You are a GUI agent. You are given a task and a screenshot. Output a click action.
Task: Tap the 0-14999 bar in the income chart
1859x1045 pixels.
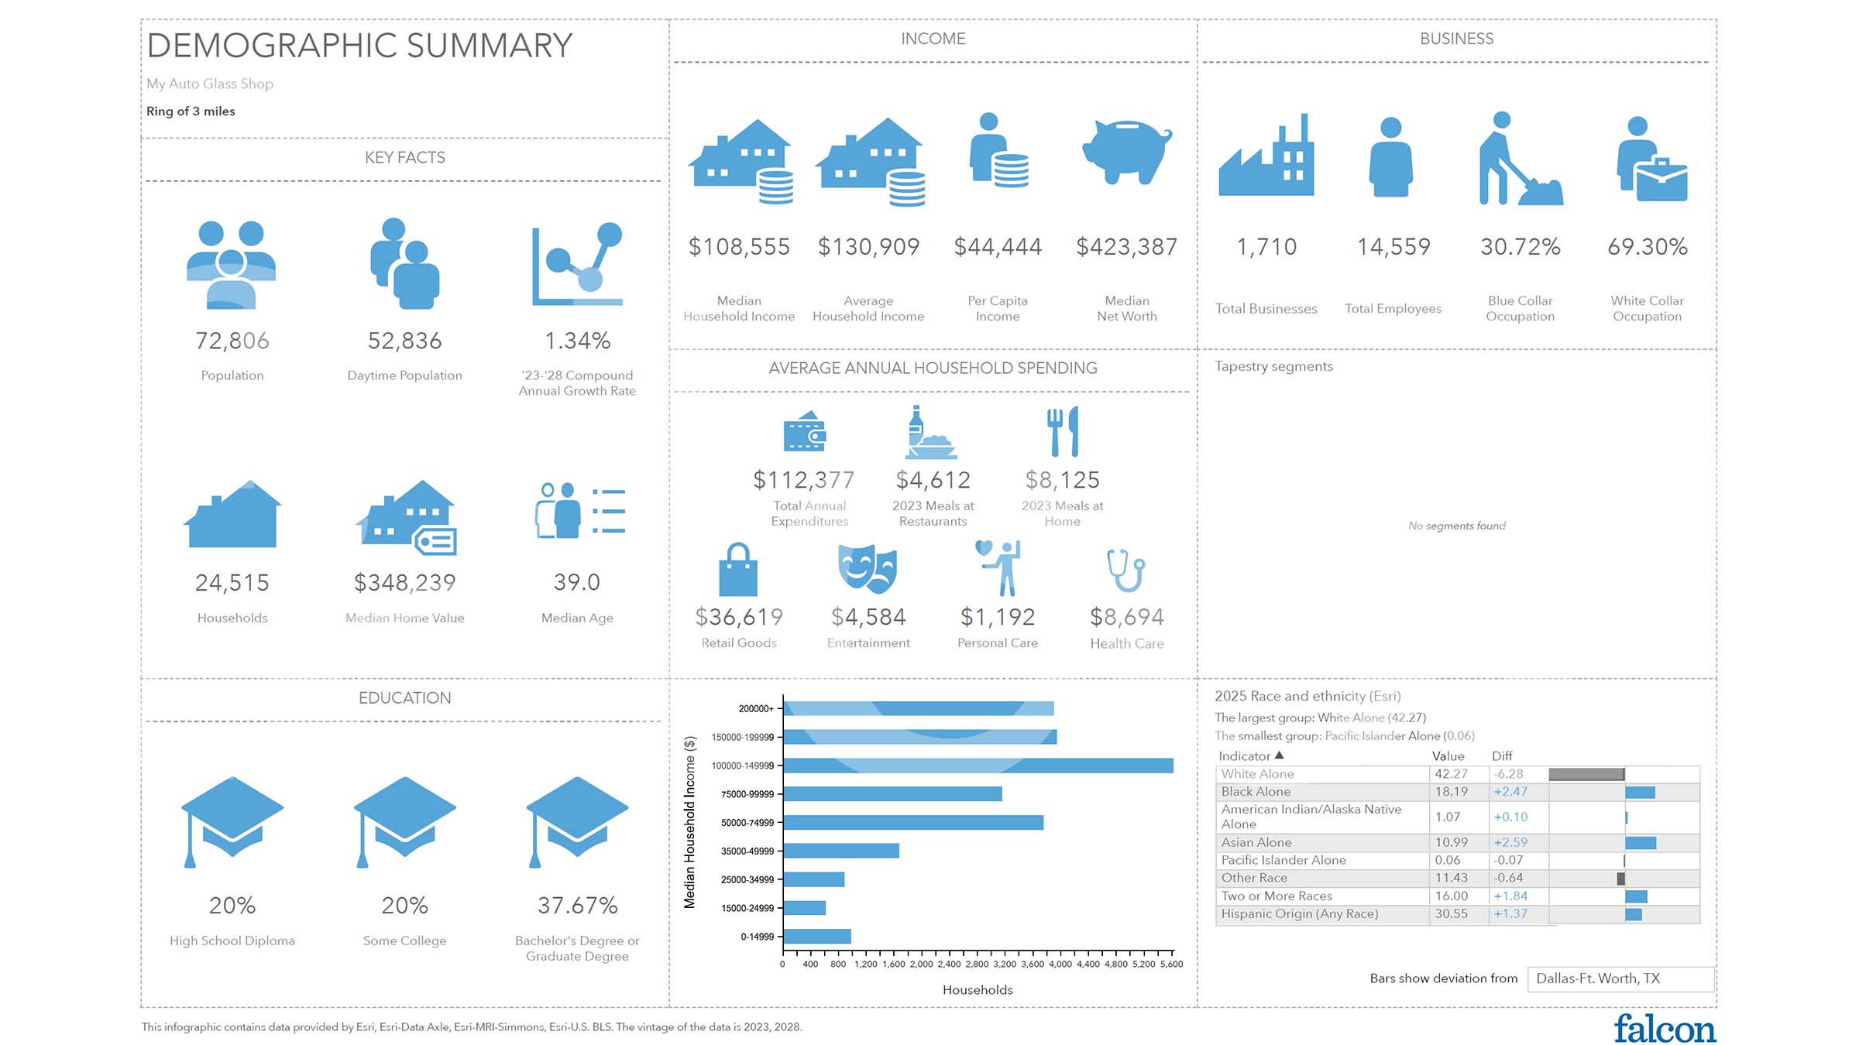pyautogui.click(x=817, y=937)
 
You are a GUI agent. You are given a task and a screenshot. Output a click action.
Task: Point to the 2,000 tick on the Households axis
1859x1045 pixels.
pyautogui.click(x=921, y=964)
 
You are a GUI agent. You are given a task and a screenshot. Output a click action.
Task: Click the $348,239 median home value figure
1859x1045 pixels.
pyautogui.click(x=404, y=583)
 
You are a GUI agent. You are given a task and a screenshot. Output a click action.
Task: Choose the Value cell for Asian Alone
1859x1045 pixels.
pyautogui.click(x=1451, y=842)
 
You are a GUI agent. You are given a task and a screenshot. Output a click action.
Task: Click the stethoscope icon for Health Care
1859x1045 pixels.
pyautogui.click(x=1126, y=570)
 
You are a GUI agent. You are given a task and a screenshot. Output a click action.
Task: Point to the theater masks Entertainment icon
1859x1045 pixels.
pyautogui.click(x=868, y=570)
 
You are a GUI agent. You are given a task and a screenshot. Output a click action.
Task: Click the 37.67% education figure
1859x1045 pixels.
pyautogui.click(x=577, y=906)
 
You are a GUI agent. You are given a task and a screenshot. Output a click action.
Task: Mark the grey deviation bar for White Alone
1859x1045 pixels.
pyautogui.click(x=1586, y=774)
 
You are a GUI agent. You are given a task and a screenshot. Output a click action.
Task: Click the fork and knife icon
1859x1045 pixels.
pyautogui.click(x=1062, y=431)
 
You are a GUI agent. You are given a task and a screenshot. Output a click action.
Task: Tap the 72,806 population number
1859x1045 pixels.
pyautogui.click(x=232, y=341)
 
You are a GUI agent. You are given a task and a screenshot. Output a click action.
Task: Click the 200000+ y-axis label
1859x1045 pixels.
pyautogui.click(x=755, y=709)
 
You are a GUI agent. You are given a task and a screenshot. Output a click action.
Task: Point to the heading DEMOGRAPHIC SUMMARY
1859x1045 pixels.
pyautogui.click(x=359, y=46)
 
